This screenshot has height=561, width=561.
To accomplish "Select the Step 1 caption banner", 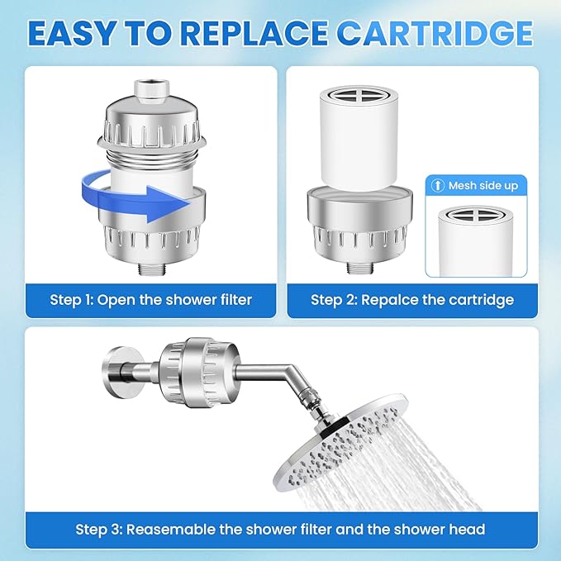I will coord(150,299).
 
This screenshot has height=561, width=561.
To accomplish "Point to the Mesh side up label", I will coord(483,186).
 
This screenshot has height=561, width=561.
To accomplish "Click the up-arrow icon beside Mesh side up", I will coord(438,186).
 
